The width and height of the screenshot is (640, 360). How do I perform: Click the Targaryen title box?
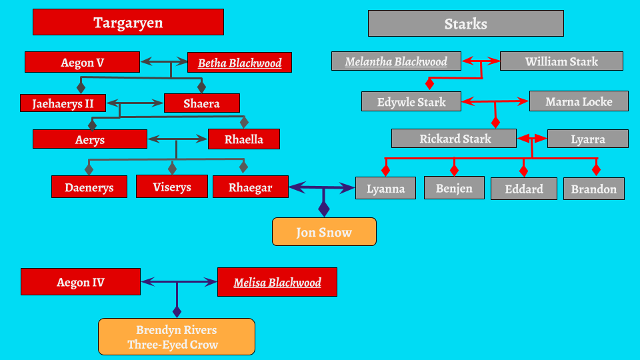click(x=128, y=23)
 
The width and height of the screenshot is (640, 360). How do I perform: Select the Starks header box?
click(x=465, y=23)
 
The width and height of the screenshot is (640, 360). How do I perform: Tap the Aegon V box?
click(x=82, y=62)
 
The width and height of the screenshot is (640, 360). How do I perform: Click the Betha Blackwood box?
click(x=239, y=63)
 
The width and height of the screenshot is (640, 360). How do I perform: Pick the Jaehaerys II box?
click(x=63, y=103)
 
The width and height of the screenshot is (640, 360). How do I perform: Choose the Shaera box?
click(x=201, y=103)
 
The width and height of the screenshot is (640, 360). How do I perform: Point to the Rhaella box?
click(x=243, y=139)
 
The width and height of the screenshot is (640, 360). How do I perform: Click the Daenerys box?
click(x=89, y=187)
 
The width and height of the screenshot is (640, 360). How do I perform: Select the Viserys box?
click(x=171, y=187)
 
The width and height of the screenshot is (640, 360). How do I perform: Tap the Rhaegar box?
click(x=250, y=187)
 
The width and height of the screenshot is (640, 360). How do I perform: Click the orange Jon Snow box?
click(x=324, y=232)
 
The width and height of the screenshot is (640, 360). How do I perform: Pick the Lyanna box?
click(x=385, y=189)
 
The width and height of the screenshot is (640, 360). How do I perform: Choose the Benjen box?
click(x=454, y=188)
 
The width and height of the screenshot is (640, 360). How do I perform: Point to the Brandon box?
click(x=593, y=189)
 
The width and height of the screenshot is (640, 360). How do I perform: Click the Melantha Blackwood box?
click(x=396, y=61)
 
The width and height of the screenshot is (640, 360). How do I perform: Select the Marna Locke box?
click(x=579, y=101)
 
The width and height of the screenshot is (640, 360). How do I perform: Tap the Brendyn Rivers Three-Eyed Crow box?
click(x=177, y=337)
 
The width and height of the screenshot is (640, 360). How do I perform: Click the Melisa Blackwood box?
click(x=277, y=282)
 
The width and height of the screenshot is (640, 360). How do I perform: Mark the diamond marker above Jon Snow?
click(x=324, y=209)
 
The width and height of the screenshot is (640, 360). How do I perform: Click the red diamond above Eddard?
click(x=523, y=170)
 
